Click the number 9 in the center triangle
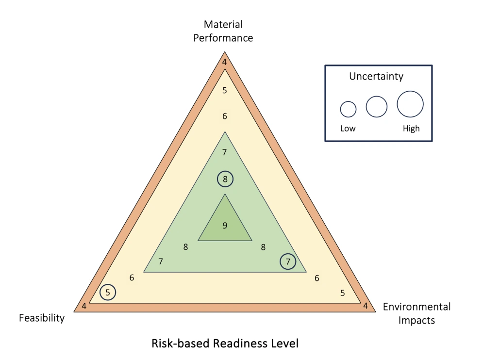225,226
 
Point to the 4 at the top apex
225,62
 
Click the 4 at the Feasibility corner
84,306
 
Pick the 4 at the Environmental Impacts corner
366,306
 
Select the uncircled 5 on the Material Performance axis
225,90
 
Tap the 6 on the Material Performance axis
225,116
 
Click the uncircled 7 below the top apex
225,152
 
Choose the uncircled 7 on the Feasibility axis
161,262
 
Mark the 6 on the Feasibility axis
132,278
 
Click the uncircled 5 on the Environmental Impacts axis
343,293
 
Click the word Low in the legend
348,129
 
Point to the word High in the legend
411,129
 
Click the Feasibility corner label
42,318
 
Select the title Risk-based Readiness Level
225,344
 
